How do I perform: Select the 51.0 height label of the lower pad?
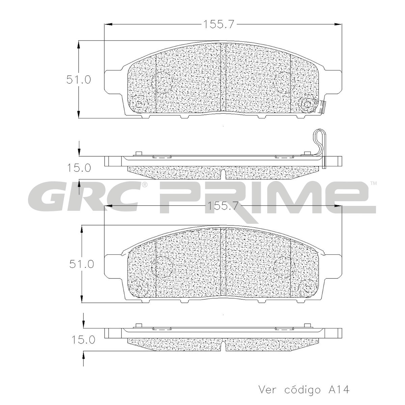tap(82, 264)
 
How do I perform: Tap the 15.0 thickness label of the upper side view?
tap(79, 168)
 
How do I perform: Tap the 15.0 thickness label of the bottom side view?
tap(83, 340)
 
